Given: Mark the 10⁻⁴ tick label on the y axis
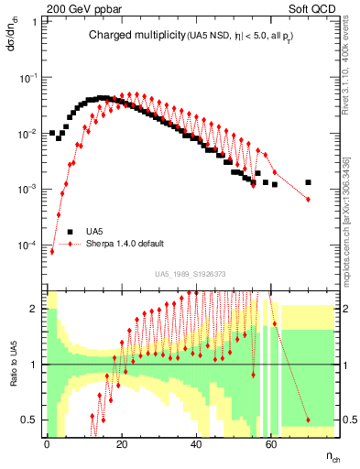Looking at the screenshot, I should (28, 246).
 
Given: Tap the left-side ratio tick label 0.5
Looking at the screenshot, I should (32, 420).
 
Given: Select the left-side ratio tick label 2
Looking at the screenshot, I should (35, 309).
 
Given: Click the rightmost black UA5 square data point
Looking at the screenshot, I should (308, 182).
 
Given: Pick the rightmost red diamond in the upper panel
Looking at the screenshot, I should (308, 199).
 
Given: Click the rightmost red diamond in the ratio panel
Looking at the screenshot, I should (308, 420).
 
